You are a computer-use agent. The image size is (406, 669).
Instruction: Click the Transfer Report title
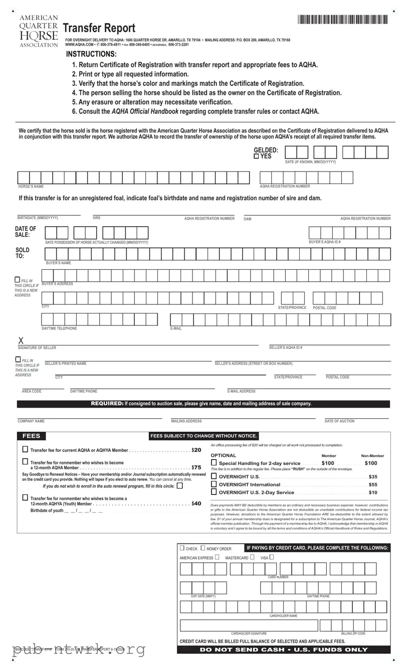pyautogui.click(x=99, y=29)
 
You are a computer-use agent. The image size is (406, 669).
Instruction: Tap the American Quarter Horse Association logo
pyautogui.click(x=39, y=31)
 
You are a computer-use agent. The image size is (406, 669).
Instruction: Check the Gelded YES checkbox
pyautogui.click(x=257, y=156)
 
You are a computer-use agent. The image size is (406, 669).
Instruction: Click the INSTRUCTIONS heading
pyautogui.click(x=91, y=54)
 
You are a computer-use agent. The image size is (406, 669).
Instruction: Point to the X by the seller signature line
pyautogui.click(x=21, y=341)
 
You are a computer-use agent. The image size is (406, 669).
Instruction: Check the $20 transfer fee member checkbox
pyautogui.click(x=25, y=449)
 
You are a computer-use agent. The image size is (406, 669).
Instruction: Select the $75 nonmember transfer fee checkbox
pyautogui.click(x=25, y=461)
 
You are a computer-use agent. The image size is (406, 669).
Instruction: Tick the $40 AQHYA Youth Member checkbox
pyautogui.click(x=25, y=497)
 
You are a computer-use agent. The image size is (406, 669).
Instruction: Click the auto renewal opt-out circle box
pyautogui.click(x=180, y=485)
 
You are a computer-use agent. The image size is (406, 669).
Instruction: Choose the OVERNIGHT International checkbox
pyautogui.click(x=214, y=484)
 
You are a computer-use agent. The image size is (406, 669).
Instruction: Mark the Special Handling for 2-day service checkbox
pyautogui.click(x=214, y=463)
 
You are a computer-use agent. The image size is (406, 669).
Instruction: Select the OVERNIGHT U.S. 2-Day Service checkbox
pyautogui.click(x=214, y=492)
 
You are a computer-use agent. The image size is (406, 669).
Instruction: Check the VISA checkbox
pyautogui.click(x=271, y=557)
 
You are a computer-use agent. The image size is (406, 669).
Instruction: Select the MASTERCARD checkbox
pyautogui.click(x=252, y=557)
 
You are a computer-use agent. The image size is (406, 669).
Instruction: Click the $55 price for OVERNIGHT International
pyautogui.click(x=373, y=484)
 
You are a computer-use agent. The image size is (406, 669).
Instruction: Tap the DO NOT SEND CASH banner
pyautogui.click(x=283, y=649)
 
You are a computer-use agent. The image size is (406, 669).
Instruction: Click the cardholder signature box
pyautogui.click(x=249, y=625)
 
